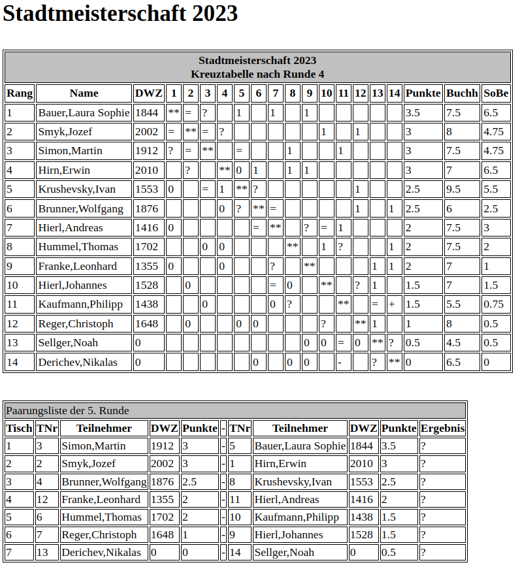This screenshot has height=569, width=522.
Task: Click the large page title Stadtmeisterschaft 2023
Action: (x=120, y=14)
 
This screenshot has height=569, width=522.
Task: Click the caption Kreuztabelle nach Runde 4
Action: (x=257, y=74)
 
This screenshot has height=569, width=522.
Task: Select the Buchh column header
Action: (x=463, y=93)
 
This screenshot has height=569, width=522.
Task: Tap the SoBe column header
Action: (x=497, y=93)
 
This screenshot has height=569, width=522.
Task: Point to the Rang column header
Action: (x=20, y=93)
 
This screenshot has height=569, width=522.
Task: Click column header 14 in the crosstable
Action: (x=394, y=93)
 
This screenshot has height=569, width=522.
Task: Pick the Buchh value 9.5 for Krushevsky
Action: (x=453, y=189)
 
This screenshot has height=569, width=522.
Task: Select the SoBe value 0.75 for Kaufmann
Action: (x=494, y=304)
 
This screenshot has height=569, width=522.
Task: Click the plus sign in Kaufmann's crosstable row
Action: (x=392, y=304)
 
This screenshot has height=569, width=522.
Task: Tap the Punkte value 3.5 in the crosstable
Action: (x=413, y=113)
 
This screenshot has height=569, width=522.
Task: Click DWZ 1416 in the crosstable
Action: (x=146, y=228)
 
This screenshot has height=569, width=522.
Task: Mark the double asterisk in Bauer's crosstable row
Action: (x=174, y=113)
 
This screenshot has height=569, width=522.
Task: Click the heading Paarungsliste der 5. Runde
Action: (x=67, y=411)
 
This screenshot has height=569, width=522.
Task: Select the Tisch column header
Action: (x=19, y=429)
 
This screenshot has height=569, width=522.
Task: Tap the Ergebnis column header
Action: (x=443, y=429)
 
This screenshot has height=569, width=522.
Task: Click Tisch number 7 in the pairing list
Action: (x=8, y=553)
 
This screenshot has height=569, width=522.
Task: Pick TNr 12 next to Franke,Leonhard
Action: (x=42, y=500)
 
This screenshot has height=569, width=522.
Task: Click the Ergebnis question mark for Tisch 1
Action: (x=423, y=446)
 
